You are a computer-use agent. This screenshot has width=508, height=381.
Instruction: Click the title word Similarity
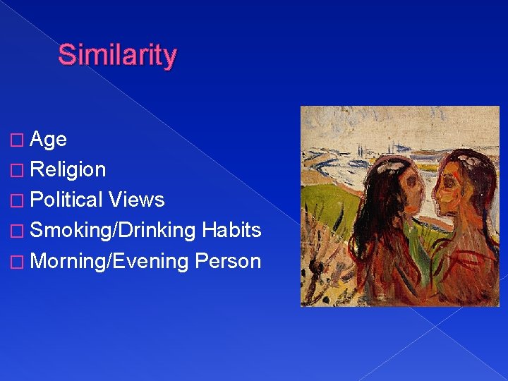[117, 54]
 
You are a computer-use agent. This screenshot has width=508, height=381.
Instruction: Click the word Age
[49, 140]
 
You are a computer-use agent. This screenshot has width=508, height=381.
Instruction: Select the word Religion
[68, 170]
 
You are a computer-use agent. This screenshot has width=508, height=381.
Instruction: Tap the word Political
[67, 200]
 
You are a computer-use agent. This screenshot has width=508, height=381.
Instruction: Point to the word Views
[137, 200]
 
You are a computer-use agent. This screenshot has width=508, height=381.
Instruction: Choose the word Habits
[231, 231]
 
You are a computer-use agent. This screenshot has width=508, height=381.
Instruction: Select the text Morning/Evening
[110, 261]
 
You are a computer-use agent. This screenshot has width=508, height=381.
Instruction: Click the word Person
[228, 261]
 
